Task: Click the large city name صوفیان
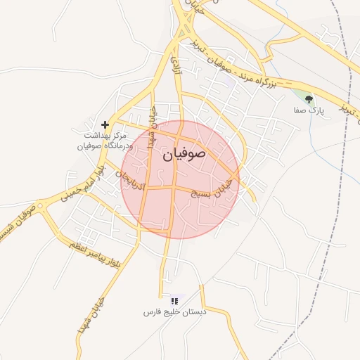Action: [184, 154]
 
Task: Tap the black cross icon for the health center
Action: [105, 124]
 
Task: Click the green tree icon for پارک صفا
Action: [309, 99]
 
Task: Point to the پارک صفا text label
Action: [309, 111]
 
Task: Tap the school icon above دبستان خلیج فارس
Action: [174, 301]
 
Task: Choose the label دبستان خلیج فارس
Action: [174, 311]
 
